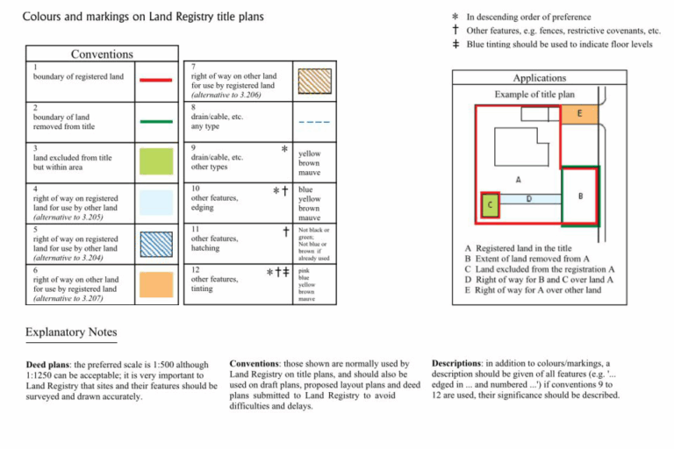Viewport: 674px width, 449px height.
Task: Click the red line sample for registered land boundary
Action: click(155, 78)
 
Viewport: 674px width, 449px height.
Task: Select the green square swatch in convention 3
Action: click(155, 161)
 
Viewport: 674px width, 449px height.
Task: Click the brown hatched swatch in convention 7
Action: click(315, 80)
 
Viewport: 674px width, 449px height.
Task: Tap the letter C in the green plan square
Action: click(490, 205)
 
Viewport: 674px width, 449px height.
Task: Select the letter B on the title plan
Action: click(580, 196)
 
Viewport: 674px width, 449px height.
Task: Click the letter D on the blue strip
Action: click(528, 200)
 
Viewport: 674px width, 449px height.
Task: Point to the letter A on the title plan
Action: click(519, 179)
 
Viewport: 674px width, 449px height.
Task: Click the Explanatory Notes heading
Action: click(71, 333)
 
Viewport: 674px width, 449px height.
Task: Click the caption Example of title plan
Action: click(534, 94)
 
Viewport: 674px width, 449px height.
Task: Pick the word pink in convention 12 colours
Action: click(305, 271)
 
